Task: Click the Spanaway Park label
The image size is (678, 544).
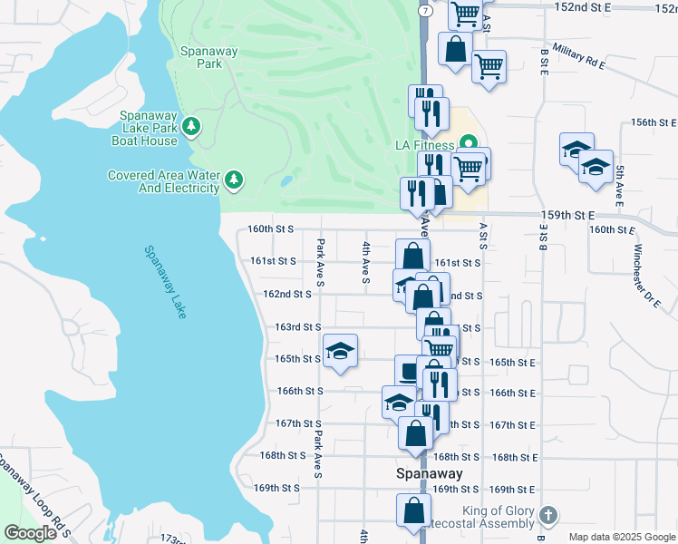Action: click(209, 58)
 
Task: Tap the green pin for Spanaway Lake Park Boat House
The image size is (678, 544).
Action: click(191, 126)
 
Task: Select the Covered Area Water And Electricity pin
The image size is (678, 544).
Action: click(234, 180)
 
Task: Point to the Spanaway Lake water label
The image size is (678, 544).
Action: click(165, 282)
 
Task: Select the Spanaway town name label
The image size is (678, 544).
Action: click(430, 473)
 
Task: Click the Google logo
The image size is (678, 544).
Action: click(30, 534)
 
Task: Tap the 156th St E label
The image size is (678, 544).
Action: click(654, 121)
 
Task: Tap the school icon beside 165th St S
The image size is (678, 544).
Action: click(340, 351)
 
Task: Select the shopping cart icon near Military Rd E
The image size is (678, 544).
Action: click(489, 65)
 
